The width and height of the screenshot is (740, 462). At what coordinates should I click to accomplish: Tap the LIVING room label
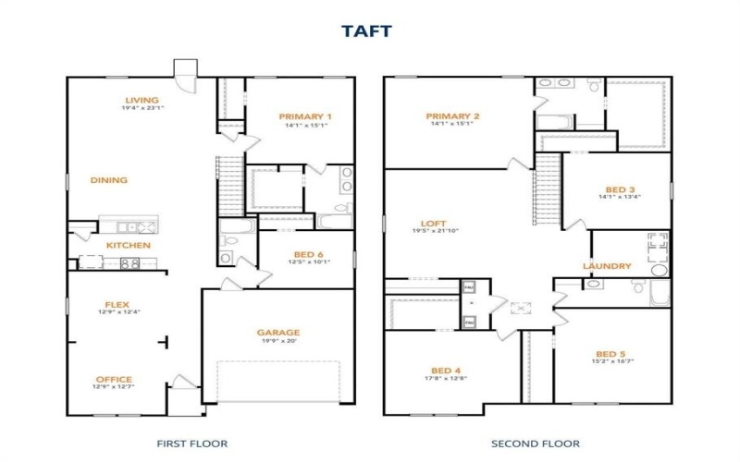142,100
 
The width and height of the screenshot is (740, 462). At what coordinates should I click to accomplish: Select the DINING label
109,180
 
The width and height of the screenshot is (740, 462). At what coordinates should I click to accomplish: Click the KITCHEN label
128,245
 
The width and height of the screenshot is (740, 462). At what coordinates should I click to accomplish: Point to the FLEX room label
116,303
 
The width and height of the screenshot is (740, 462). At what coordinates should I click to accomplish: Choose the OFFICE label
114,379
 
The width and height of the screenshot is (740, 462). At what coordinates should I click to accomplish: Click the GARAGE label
278,332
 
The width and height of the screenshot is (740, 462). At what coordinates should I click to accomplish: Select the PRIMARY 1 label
305,116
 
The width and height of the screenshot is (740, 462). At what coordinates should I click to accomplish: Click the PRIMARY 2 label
451,116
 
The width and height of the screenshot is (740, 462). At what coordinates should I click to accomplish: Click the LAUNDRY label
607,266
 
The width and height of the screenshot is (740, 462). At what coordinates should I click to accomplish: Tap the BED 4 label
445,369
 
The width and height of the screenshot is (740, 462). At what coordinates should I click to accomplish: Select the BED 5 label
611,354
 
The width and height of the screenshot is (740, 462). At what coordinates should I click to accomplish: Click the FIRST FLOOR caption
192,444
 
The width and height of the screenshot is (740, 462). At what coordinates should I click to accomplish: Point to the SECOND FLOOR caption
536,444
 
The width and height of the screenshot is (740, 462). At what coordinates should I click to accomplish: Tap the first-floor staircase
228,180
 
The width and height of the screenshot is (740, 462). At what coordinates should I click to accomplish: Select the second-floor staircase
549,184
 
